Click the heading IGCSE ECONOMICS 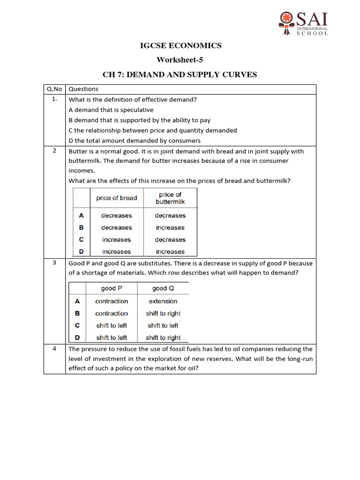pos(180,45)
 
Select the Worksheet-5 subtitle pos(180,60)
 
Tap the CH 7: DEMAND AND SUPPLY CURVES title pos(180,75)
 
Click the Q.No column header pos(54,89)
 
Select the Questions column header pos(83,89)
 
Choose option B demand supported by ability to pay pos(140,120)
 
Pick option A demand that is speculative pos(111,110)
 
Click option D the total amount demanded pos(135,141)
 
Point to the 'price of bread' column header pos(117,198)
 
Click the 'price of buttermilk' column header pos(170,198)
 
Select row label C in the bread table pos(82,240)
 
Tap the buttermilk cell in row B pos(170,228)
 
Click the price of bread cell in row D pos(117,252)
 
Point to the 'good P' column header pos(112,288)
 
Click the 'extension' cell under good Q pos(163,301)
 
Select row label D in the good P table pos(77,337)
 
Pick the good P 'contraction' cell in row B pos(112,314)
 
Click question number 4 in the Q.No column pos(55,349)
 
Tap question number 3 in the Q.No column pos(55,263)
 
